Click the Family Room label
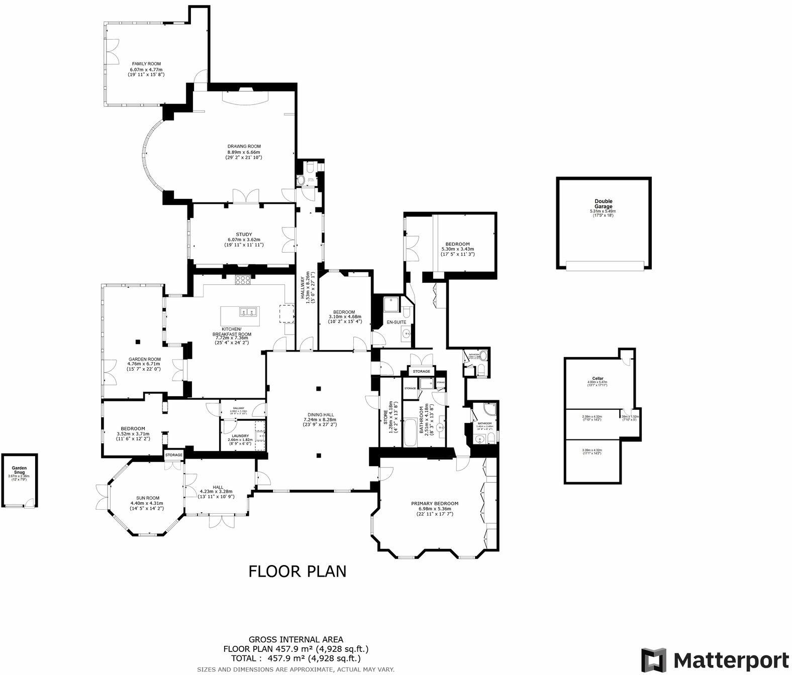[x=146, y=64]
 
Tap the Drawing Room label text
[x=244, y=147]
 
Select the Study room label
[x=244, y=234]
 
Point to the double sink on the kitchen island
[x=249, y=312]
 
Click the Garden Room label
[x=144, y=359]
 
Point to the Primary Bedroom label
[x=435, y=503]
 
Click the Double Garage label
[x=603, y=203]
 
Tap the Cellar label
[x=598, y=378]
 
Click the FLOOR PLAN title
[x=298, y=571]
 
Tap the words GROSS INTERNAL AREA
[x=296, y=639]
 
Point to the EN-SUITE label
[x=396, y=322]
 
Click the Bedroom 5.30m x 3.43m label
[x=455, y=244]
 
